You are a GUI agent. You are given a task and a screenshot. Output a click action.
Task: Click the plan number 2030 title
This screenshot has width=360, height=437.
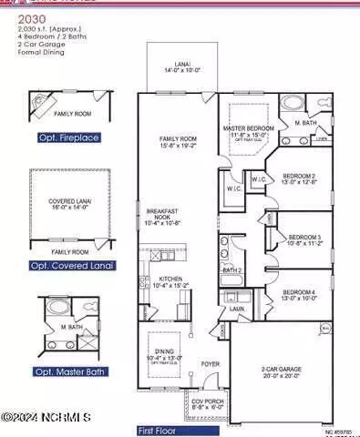pos(17,17)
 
